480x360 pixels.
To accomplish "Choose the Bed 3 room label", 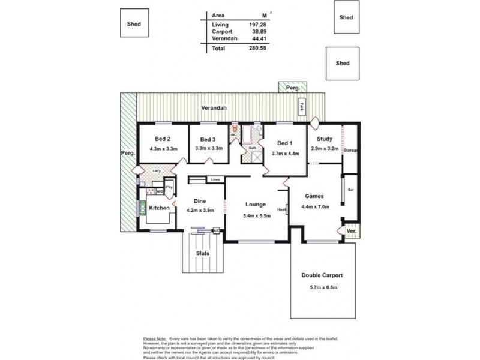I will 208,139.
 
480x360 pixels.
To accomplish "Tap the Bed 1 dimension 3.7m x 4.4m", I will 285,153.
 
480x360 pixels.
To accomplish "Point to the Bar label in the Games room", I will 350,190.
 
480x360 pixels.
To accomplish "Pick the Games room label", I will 315,196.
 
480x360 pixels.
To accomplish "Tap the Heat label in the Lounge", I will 281,209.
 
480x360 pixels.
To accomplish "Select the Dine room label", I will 200,201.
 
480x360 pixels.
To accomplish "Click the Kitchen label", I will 159,208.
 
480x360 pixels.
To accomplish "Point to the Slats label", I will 203,253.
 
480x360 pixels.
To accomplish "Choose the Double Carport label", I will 322,276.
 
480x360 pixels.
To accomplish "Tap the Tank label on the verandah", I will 302,109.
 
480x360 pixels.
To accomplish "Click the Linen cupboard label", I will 215,179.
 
